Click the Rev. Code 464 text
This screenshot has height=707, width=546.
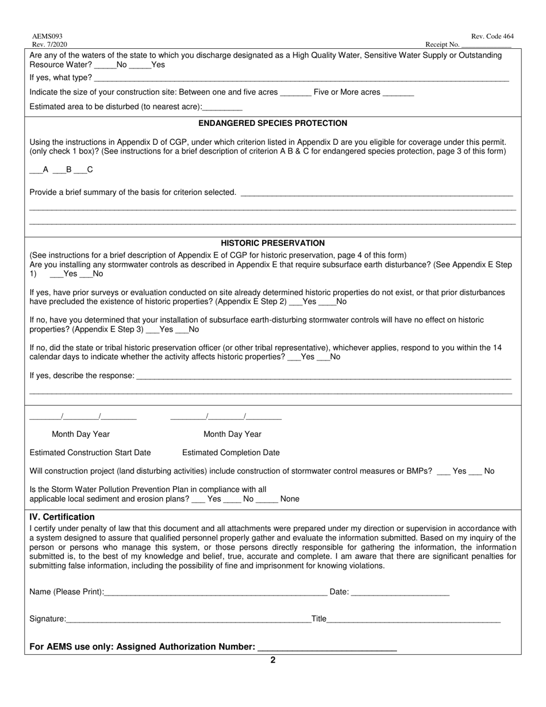492,37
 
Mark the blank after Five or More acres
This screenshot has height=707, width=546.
398,93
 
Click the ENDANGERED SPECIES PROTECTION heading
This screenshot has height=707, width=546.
272,123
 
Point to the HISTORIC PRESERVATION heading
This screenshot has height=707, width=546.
272,243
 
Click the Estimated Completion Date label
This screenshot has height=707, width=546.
231,452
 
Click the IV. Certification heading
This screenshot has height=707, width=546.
62,517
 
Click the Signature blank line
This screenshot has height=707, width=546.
188,619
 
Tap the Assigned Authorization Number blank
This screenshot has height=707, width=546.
327,647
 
